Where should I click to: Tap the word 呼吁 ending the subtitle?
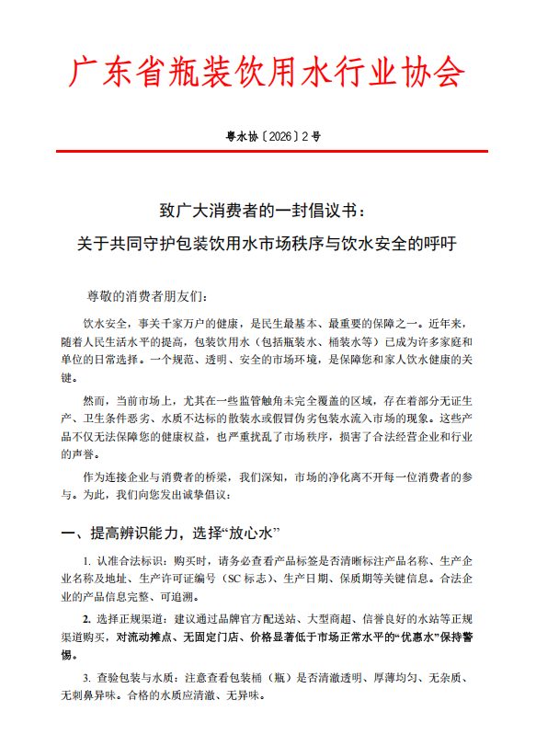439,245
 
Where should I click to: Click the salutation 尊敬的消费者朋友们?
147,296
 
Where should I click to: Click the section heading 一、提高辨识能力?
125,534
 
